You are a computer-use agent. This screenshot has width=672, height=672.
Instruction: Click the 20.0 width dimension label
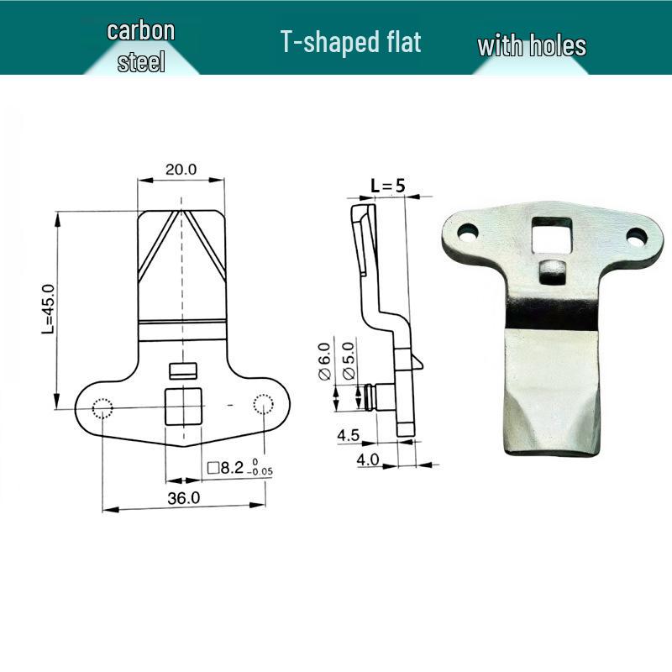(181, 170)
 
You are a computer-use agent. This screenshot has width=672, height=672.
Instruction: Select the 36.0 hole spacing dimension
(183, 498)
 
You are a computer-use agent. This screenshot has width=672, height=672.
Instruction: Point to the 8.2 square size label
(240, 468)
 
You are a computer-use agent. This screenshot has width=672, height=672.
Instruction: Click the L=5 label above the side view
(388, 186)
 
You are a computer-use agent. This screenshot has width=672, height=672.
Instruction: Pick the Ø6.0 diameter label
(325, 361)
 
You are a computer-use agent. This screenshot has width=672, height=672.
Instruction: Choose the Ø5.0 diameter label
(349, 361)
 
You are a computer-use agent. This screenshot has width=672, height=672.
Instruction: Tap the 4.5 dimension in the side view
(348, 435)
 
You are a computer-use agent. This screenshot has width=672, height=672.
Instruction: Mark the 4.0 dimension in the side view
(368, 459)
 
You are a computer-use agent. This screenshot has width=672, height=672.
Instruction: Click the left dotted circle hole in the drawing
(102, 408)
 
